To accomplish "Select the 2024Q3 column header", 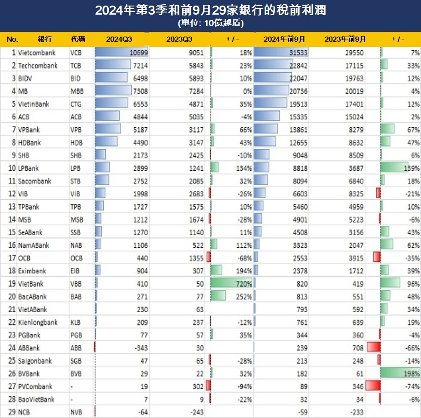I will click(x=119, y=39).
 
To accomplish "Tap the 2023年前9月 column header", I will click(x=345, y=39).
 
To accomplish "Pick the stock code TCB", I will click(x=76, y=66).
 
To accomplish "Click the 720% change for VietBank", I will click(x=243, y=284).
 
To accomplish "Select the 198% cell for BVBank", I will click(x=412, y=361).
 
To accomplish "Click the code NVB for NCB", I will click(x=76, y=412).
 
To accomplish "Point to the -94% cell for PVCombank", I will click(x=243, y=387).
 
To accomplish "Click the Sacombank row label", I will click(x=35, y=181).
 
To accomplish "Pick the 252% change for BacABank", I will click(x=243, y=297).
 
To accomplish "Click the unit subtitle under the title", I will click(x=210, y=24).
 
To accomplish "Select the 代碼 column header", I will click(x=78, y=39).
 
